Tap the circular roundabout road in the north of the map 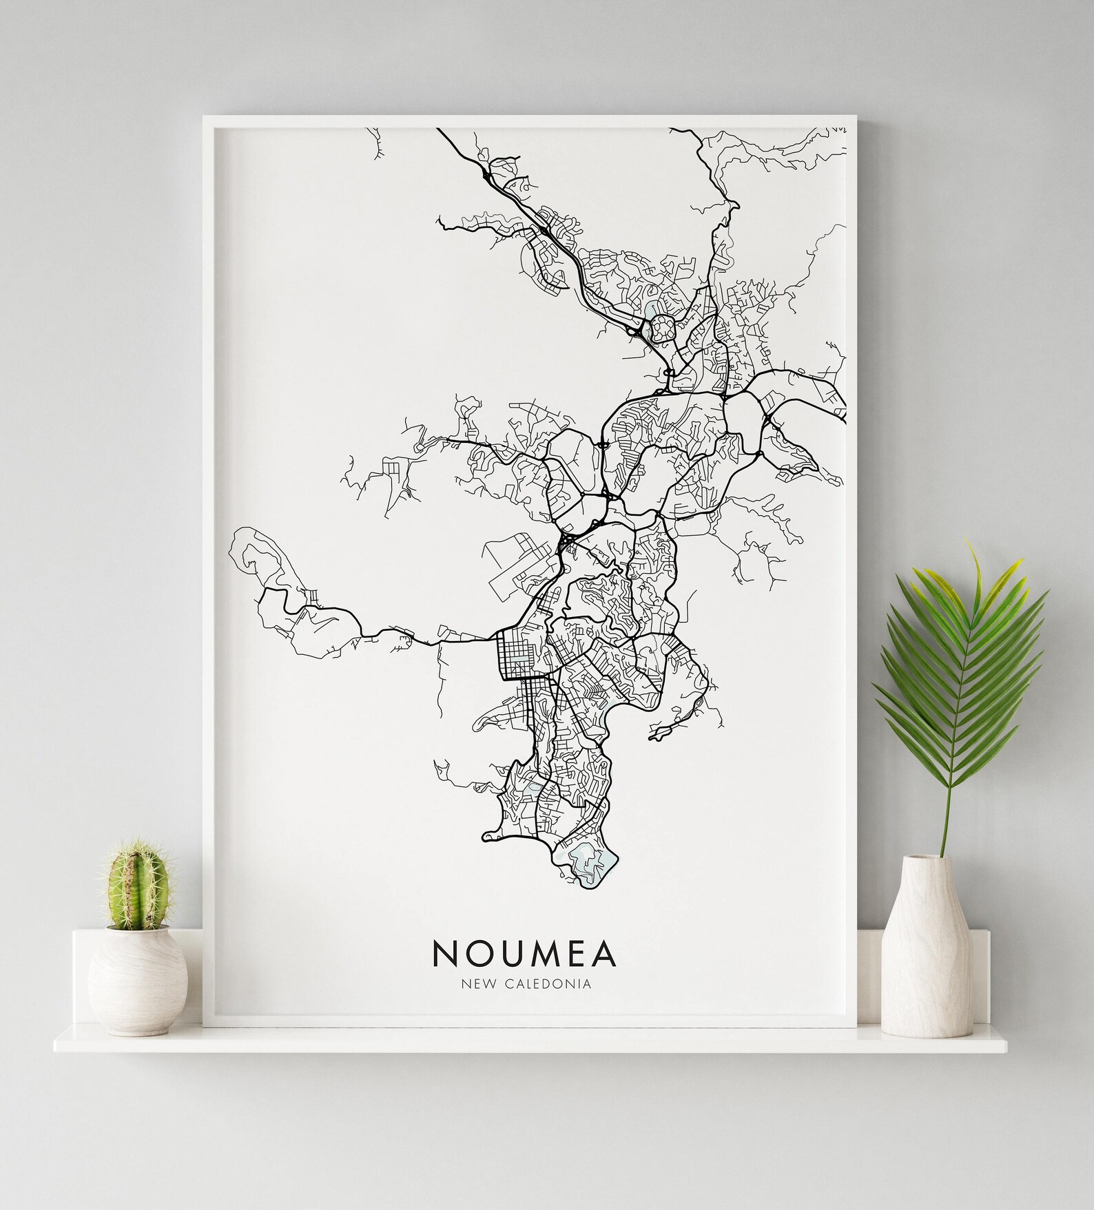[x=662, y=328]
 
